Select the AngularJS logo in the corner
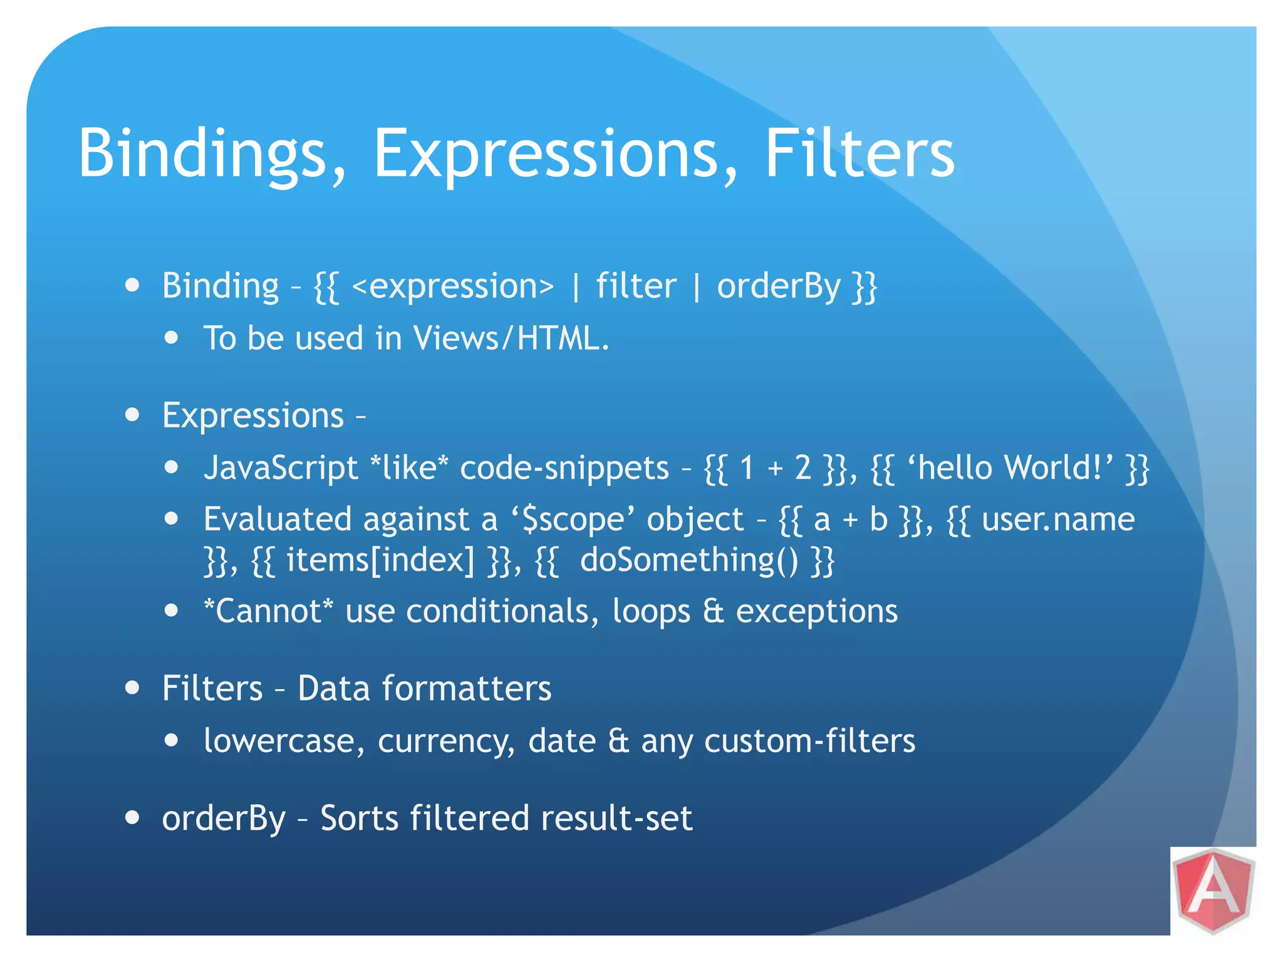click(1213, 890)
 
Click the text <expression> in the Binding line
click(453, 287)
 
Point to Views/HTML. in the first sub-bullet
click(511, 339)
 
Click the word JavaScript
click(281, 468)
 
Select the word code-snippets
click(564, 468)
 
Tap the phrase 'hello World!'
click(1010, 468)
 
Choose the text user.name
click(1058, 520)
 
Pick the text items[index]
click(380, 560)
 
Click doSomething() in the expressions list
click(689, 560)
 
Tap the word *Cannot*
click(269, 611)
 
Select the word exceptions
click(816, 611)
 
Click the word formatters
click(467, 689)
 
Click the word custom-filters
click(809, 741)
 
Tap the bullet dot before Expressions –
click(132, 415)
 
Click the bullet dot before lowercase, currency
click(172, 741)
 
